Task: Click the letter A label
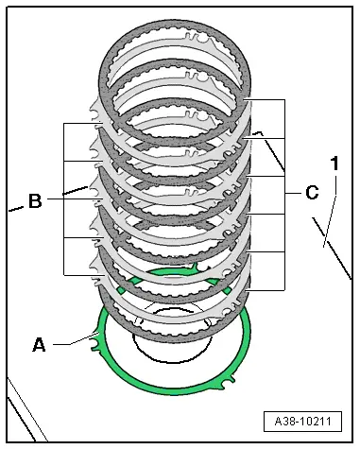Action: pos(40,345)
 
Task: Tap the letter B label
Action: pos(35,200)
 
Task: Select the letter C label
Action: pos(312,192)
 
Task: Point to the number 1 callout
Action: pos(334,164)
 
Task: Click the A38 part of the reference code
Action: pos(286,421)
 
